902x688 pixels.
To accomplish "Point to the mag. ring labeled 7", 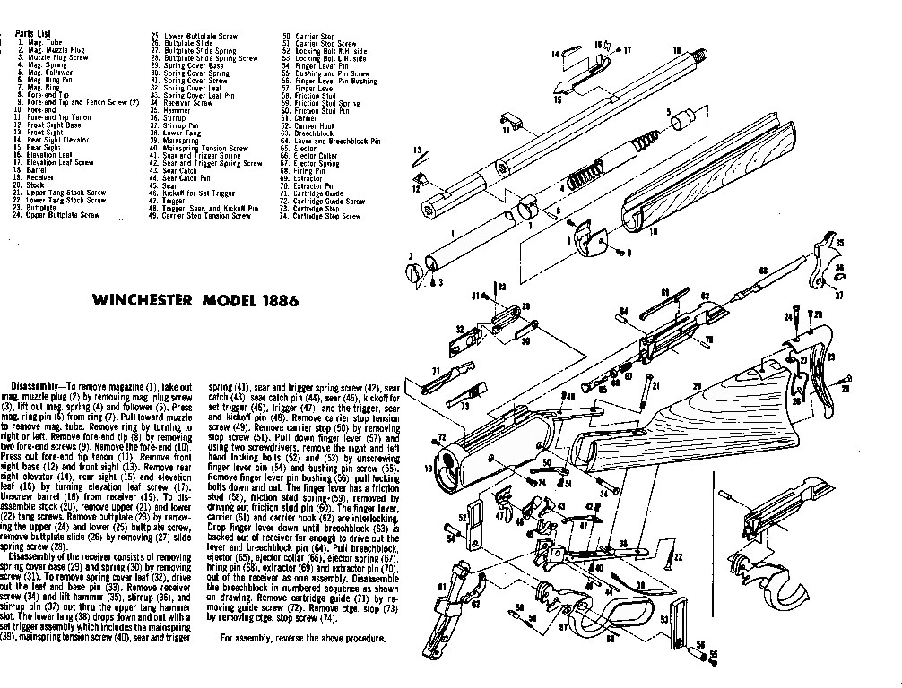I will (x=530, y=215).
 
